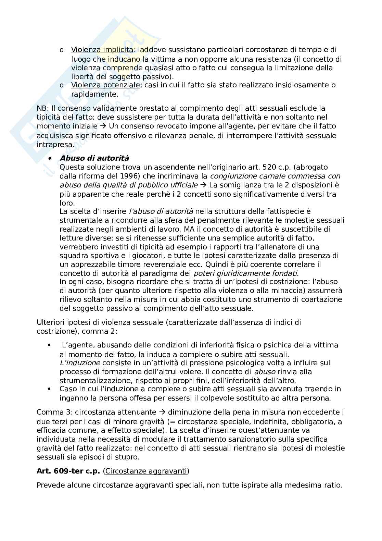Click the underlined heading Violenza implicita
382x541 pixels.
102,50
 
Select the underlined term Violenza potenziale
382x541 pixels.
105,85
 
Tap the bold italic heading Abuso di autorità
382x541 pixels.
94,158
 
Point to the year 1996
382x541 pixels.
128,176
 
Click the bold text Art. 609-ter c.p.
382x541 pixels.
68,471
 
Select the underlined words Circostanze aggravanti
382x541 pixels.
146,471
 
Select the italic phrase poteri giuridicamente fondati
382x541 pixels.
245,273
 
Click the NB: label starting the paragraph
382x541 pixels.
42,109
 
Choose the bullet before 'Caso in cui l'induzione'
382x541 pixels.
50,389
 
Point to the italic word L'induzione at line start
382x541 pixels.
80,363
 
